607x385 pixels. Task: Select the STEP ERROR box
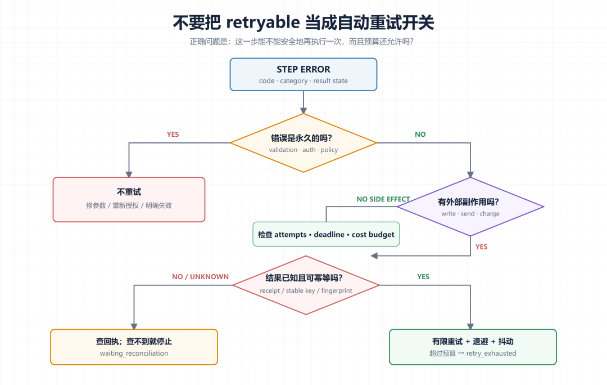pos(303,74)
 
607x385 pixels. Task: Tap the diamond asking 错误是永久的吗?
pos(303,142)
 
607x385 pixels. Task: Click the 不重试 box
pos(129,199)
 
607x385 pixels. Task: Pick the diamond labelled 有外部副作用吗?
pos(470,207)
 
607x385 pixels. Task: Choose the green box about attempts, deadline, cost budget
pos(326,234)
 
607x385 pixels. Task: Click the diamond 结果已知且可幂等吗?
pos(306,285)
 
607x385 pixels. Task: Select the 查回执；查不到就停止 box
pos(134,347)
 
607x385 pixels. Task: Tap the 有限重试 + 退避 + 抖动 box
pos(473,347)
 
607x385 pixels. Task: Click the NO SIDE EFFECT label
pos(383,199)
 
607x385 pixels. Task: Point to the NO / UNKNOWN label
pos(200,277)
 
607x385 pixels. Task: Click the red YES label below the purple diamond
pos(481,247)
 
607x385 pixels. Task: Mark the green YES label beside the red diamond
pos(423,277)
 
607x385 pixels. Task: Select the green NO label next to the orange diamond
pos(420,135)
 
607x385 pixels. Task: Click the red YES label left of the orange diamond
pos(173,135)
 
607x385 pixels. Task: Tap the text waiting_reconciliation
pos(134,353)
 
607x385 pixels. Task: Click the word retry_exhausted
pos(491,353)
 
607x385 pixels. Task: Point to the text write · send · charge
pos(470,214)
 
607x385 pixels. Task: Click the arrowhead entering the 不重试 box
pos(129,174)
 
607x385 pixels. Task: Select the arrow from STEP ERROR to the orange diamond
pos(303,102)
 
